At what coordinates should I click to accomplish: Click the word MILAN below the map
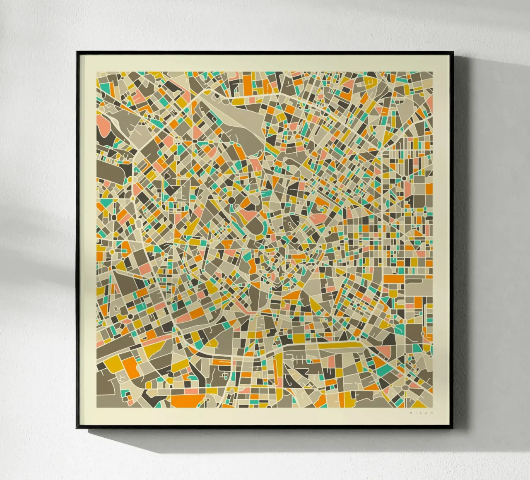click(420, 413)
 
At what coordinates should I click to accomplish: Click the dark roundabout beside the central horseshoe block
click(231, 201)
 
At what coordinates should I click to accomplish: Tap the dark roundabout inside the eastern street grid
click(404, 178)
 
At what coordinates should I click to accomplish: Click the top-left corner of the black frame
click(77, 52)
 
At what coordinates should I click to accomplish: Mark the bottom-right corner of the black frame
click(453, 428)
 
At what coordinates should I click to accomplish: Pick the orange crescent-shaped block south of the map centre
click(293, 294)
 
